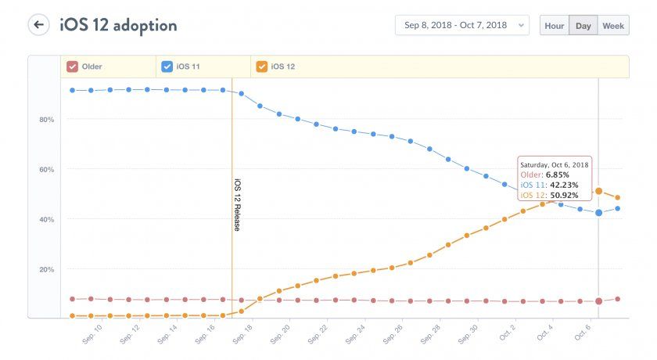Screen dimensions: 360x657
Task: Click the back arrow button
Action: (38, 25)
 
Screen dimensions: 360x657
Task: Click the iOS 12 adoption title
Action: (118, 25)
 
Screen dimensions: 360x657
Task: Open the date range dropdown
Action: (461, 26)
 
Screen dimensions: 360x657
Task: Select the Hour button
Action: (555, 26)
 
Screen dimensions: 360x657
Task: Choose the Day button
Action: (583, 26)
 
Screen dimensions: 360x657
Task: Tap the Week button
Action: (613, 26)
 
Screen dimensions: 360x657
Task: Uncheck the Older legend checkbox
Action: (72, 67)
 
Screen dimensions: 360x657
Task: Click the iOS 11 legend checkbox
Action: (167, 67)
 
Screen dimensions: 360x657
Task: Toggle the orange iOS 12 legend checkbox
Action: (261, 67)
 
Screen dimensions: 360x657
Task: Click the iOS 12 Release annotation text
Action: (237, 204)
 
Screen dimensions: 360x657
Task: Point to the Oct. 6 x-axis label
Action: (583, 333)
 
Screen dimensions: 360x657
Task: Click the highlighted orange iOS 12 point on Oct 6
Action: (598, 191)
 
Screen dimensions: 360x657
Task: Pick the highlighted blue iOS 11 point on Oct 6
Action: (598, 212)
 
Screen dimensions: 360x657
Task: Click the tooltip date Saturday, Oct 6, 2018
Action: (554, 164)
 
